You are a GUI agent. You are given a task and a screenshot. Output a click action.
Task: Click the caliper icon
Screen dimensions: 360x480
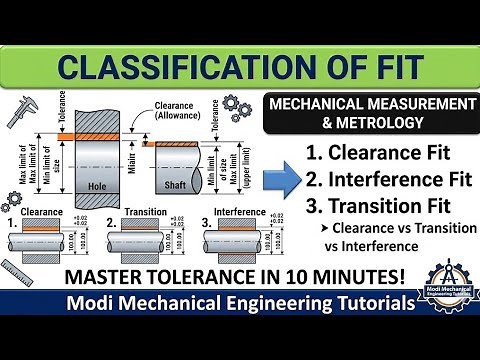[25, 117]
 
